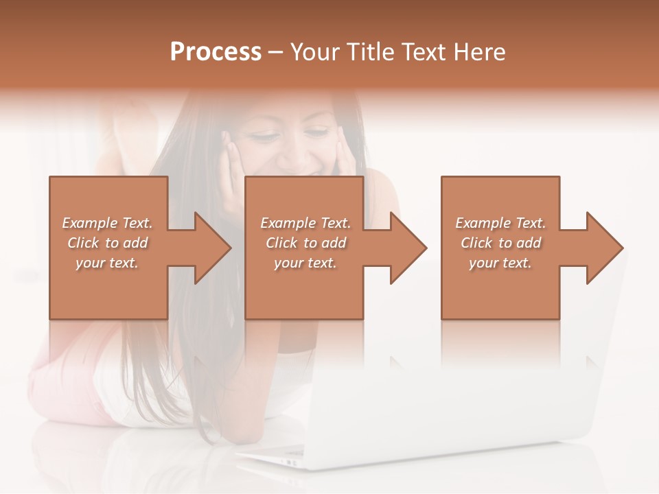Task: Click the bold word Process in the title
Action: [x=216, y=52]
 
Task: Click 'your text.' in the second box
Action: [x=305, y=263]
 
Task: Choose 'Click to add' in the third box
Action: [x=500, y=243]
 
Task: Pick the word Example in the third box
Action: [x=483, y=223]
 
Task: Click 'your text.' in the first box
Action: [x=107, y=263]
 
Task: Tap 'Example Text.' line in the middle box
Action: [x=305, y=223]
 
